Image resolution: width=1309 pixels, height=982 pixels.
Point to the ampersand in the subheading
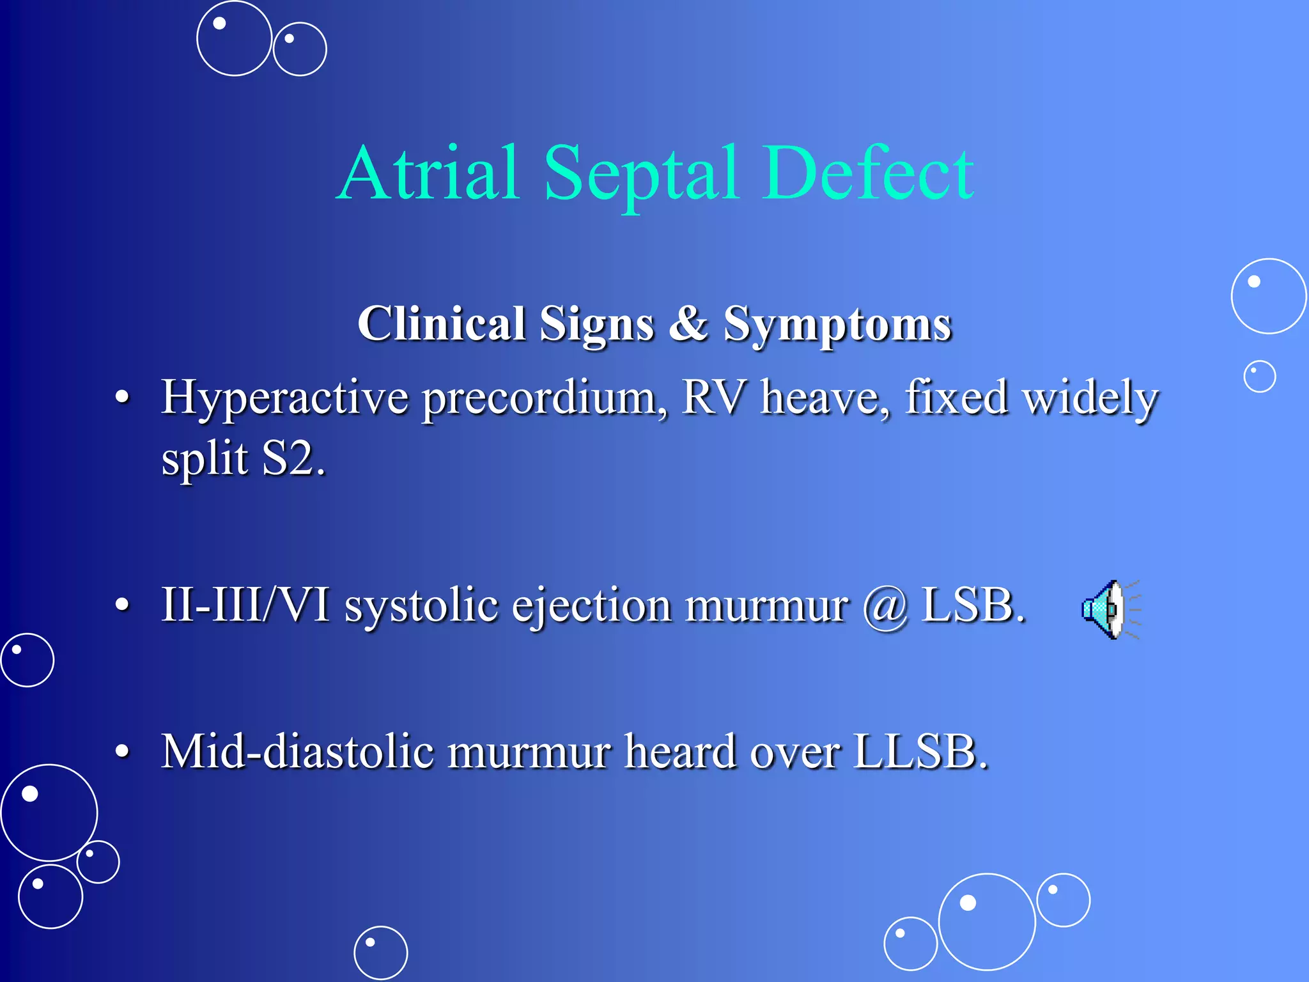point(688,323)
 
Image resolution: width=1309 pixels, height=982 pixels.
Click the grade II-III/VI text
point(245,604)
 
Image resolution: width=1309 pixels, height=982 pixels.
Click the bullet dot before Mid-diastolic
point(122,751)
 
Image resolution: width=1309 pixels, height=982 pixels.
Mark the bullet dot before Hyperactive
point(122,398)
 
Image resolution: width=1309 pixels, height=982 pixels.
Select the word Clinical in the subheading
point(441,323)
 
